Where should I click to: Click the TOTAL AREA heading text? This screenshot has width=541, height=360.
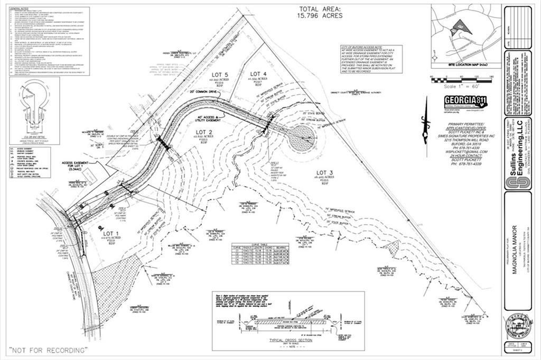321,9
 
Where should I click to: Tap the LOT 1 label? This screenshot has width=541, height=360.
112,233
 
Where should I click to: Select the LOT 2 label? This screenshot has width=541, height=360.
204,132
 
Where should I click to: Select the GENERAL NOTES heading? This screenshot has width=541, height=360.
20,9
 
